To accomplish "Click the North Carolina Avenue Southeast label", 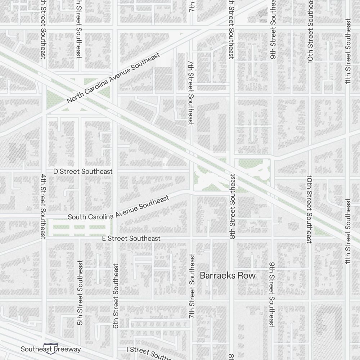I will tap(113, 78).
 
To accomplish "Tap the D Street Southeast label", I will tap(83, 171).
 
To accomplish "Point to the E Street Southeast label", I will tap(131, 238).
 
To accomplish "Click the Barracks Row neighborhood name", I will tap(228, 275).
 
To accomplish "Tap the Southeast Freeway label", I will tap(51, 349).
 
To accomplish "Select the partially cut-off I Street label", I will tap(148, 352).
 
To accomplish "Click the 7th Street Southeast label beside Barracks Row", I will tap(192, 286).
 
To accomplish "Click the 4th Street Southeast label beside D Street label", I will tap(43, 206).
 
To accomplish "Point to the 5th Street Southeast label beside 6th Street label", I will tap(80, 293).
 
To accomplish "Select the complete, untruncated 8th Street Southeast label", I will tap(233, 207).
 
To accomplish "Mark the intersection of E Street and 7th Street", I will tap(191, 238).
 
